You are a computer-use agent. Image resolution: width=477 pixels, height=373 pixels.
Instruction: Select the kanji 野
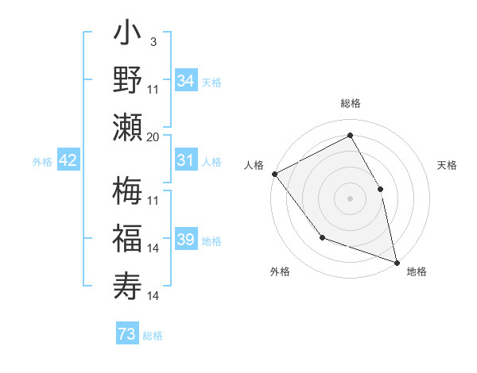click(x=128, y=81)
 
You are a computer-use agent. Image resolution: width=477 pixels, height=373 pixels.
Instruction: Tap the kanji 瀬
click(x=128, y=127)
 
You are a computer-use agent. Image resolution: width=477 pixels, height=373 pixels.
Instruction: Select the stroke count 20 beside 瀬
click(x=153, y=137)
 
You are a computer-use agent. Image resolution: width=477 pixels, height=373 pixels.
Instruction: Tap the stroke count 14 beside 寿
click(x=153, y=296)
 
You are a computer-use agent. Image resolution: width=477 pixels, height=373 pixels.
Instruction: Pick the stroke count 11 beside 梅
click(x=153, y=200)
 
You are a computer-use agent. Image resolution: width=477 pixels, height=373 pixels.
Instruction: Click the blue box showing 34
click(x=185, y=81)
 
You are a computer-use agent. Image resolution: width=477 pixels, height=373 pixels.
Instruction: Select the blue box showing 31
click(x=185, y=161)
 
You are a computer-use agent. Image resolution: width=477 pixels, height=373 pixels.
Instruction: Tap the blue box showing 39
click(x=185, y=240)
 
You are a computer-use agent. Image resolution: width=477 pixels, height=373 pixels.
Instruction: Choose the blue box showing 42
click(x=68, y=161)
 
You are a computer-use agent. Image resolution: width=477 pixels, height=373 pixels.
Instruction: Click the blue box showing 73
click(x=127, y=335)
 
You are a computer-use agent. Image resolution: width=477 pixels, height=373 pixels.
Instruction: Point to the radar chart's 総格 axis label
click(x=350, y=103)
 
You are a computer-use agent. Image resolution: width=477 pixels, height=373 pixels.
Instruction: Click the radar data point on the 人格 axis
click(x=274, y=174)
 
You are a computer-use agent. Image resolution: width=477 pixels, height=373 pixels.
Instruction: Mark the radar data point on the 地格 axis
click(x=397, y=262)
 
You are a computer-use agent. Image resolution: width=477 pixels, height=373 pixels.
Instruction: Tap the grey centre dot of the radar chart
click(x=350, y=198)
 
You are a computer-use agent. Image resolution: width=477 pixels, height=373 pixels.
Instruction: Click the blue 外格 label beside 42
click(x=42, y=162)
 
